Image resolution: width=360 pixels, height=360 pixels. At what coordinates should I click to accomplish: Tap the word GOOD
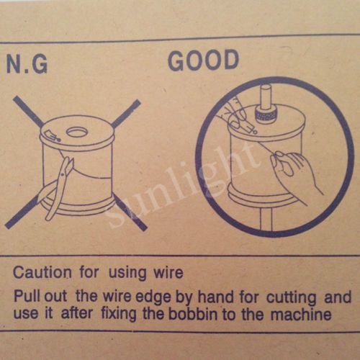point(204,60)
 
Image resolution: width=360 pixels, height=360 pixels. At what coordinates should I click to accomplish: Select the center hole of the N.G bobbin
point(76,132)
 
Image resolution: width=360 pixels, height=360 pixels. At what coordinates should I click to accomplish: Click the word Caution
point(42,273)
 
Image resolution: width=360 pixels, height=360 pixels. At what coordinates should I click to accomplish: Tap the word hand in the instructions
point(215,297)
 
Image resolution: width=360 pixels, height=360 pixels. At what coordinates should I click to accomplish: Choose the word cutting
point(291,298)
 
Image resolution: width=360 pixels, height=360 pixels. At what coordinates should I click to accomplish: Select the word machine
point(301,315)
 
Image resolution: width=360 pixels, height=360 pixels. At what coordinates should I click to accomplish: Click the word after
point(76,314)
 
